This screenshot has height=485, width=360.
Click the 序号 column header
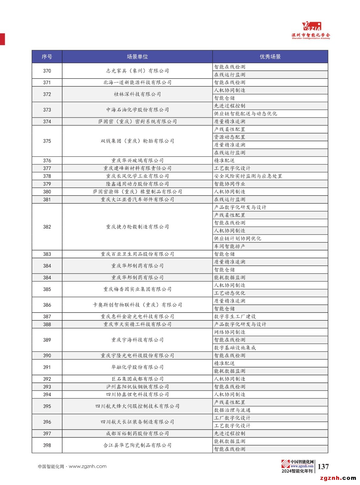(x=47, y=57)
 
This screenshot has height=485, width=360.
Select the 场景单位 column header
(x=137, y=57)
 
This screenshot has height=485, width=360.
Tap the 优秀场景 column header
(x=270, y=57)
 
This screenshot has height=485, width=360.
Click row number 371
(x=47, y=82)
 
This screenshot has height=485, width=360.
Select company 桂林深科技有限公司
(x=137, y=94)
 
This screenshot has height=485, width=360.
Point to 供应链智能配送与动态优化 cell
(x=245, y=114)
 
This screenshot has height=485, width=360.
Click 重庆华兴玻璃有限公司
(x=137, y=161)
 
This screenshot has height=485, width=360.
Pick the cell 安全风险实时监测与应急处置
(x=248, y=176)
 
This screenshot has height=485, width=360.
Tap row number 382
(x=47, y=227)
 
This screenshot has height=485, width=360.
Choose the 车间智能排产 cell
(x=230, y=246)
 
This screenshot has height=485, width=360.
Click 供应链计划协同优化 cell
(x=237, y=239)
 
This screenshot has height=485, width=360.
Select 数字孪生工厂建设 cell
(x=235, y=316)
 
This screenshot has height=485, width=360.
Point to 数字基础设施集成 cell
(x=235, y=348)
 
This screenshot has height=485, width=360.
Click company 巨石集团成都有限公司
(x=137, y=379)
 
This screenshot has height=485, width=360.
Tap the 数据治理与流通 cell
(x=232, y=410)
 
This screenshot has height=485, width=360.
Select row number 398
(x=47, y=445)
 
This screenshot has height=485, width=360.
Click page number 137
(x=323, y=467)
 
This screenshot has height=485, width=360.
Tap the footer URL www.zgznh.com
(x=88, y=467)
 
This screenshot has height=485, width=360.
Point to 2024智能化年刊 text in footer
(x=297, y=471)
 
